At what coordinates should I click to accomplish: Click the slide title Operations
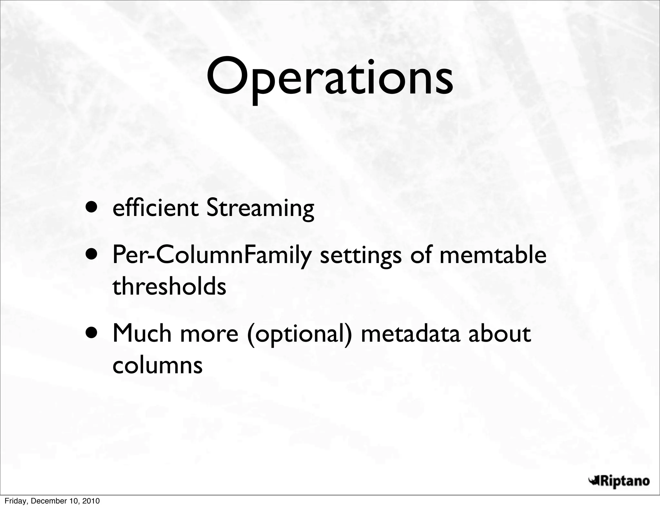(329, 79)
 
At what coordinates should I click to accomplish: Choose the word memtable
(493, 255)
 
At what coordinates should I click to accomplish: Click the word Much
(142, 333)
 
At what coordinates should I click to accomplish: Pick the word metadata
(410, 334)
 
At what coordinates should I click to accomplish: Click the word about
(499, 334)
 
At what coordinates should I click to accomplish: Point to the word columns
(157, 365)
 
